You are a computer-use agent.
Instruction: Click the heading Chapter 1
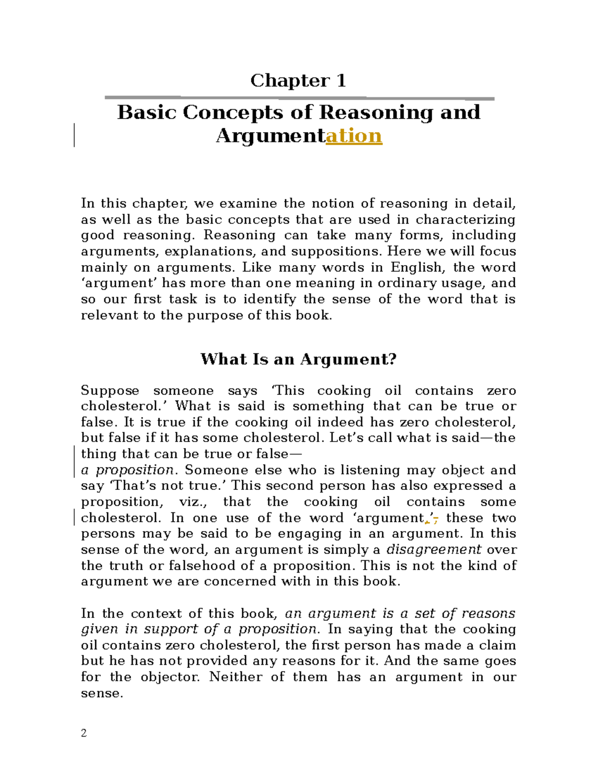click(298, 80)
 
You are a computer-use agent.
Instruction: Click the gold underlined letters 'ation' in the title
click(354, 136)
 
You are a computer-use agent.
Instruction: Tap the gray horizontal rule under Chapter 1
click(299, 98)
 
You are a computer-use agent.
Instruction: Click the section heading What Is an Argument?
click(298, 359)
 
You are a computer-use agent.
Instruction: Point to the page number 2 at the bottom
click(84, 733)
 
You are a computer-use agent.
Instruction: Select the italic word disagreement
click(434, 549)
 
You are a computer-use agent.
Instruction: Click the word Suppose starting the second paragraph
click(110, 391)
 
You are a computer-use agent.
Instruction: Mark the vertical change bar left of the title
click(74, 135)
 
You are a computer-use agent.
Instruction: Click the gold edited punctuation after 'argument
click(432, 519)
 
